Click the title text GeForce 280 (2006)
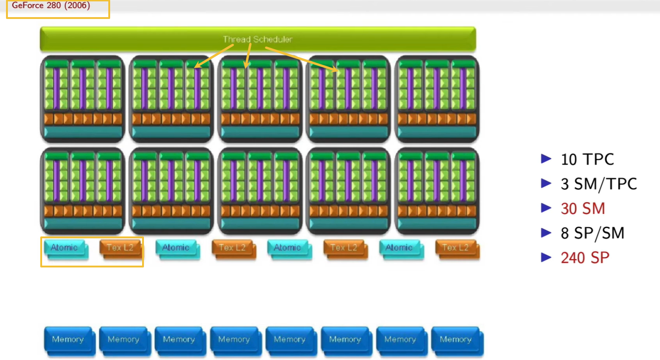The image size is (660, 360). coord(51,6)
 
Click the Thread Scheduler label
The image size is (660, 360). coord(257,39)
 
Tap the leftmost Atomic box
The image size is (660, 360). coord(64,248)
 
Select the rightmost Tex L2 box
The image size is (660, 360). coord(455,248)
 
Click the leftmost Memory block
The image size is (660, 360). coord(68,339)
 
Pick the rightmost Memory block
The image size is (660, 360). coord(455,339)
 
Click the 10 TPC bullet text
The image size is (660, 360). coord(587,159)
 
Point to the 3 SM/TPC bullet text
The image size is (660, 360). coord(599,184)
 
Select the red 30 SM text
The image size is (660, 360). coord(583,209)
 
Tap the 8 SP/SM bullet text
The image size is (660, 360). coord(592,233)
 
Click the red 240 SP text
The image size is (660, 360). coord(585,258)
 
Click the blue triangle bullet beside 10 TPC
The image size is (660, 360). coord(547,159)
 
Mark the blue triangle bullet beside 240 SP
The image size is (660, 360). coord(547,257)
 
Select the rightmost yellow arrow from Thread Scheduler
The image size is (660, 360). coord(301,59)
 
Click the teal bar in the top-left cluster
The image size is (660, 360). coord(82,132)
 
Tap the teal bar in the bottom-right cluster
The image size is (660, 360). coord(437,223)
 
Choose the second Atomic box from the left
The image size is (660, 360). coord(176,248)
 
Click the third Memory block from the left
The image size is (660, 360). coord(179,339)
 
